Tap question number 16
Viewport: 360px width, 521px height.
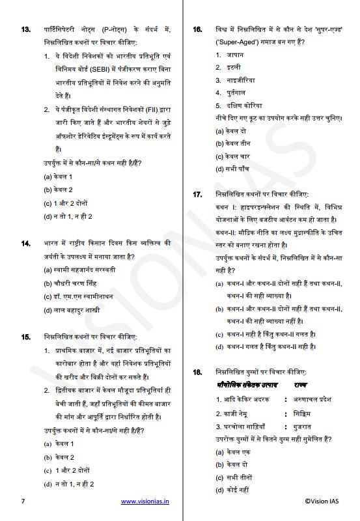click(x=198, y=30)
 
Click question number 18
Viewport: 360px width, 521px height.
click(x=198, y=372)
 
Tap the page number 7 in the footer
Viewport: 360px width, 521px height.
click(x=23, y=501)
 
